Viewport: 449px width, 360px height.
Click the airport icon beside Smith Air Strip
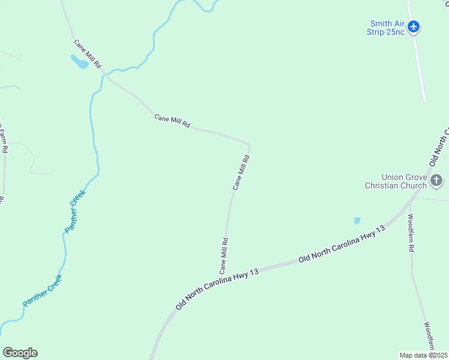[414, 26]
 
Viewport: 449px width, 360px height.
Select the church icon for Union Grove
[436, 179]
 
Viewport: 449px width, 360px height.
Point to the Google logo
[20, 353]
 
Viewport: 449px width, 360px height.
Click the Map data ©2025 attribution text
[423, 355]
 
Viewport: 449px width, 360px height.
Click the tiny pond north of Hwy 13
[358, 221]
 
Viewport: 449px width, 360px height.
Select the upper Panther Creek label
[76, 211]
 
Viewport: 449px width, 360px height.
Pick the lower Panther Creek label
[42, 291]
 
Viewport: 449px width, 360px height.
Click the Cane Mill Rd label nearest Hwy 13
[224, 256]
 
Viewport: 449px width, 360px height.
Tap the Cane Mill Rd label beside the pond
[88, 53]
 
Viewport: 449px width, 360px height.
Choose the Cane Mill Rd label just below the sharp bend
[241, 173]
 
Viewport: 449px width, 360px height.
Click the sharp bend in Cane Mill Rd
[249, 145]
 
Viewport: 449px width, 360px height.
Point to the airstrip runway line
[418, 60]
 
